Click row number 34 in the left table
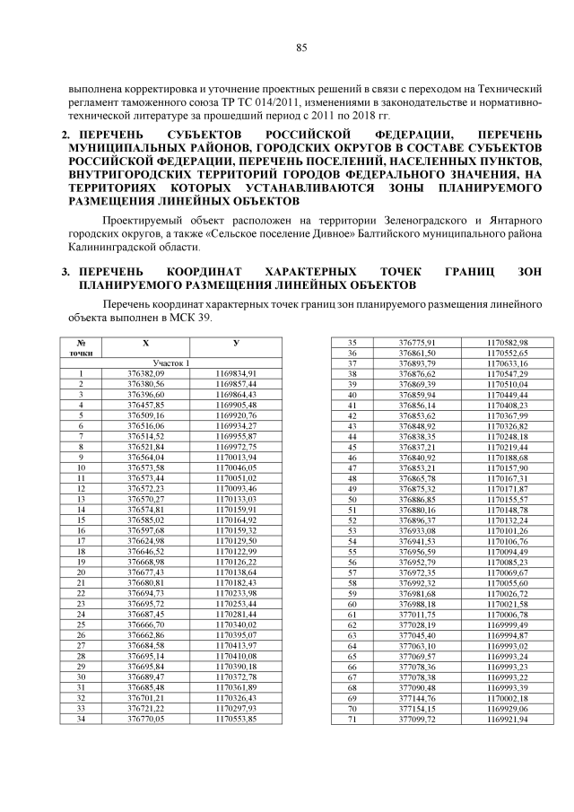[x=82, y=718]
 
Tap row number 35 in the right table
[x=352, y=343]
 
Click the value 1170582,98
[x=507, y=343]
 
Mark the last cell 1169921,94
[x=507, y=718]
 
